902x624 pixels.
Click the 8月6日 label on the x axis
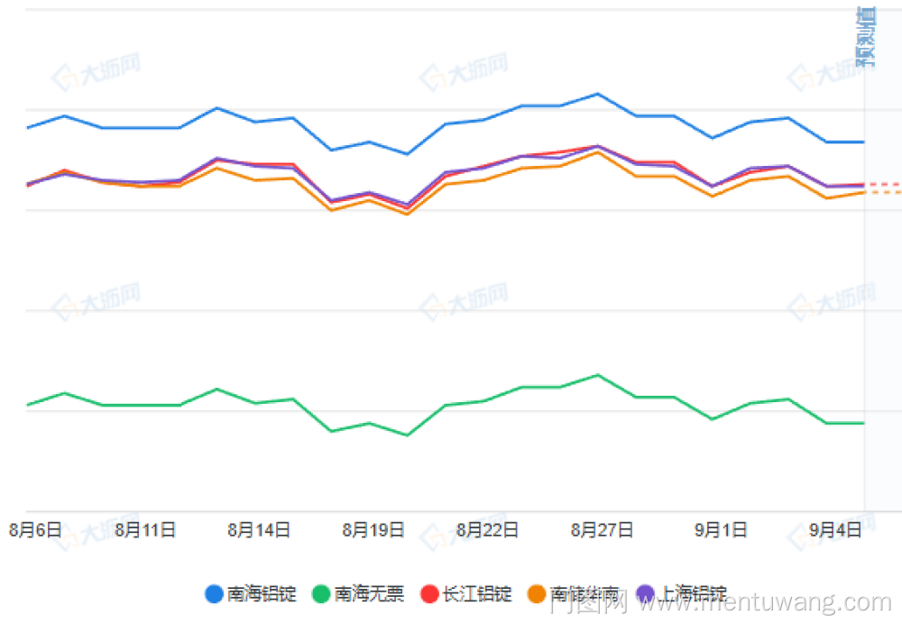[x=35, y=530]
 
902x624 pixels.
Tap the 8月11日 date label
[x=145, y=530]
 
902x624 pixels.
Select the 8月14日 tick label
[x=259, y=530]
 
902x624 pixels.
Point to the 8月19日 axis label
[x=373, y=530]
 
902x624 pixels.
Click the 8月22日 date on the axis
[x=487, y=530]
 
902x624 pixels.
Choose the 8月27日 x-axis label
[x=602, y=530]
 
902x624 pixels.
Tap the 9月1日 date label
[x=720, y=530]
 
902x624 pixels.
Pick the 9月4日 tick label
[x=834, y=530]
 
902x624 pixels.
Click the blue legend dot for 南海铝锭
[x=214, y=594]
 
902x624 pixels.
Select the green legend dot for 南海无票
[x=321, y=594]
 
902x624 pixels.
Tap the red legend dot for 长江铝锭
[x=429, y=594]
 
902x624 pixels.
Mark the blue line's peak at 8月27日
[x=597, y=94]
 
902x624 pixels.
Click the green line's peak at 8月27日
[x=597, y=375]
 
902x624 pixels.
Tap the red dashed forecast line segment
[x=883, y=184]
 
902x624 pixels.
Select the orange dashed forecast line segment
[x=883, y=192]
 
